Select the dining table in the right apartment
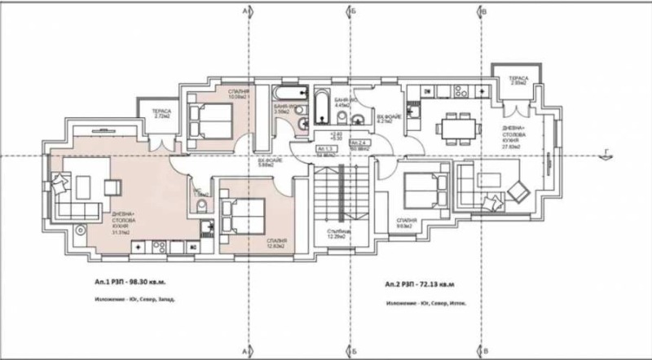pos(453,128)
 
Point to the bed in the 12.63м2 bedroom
pos(244,216)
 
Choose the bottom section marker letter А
pos(245,349)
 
